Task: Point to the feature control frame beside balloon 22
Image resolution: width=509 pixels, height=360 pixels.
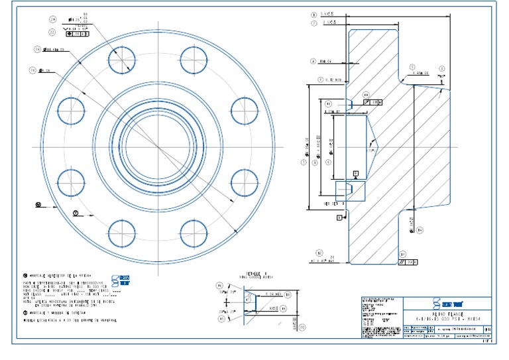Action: point(77,34)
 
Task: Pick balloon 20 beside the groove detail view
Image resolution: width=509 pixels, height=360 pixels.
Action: point(302,326)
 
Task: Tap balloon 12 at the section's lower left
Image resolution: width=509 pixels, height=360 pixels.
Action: point(319,253)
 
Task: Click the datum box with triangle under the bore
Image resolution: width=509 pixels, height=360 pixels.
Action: point(356,174)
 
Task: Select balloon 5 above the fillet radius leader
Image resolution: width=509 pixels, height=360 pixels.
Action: point(412,67)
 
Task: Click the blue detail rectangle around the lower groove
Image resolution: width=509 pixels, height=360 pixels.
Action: point(351,190)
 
